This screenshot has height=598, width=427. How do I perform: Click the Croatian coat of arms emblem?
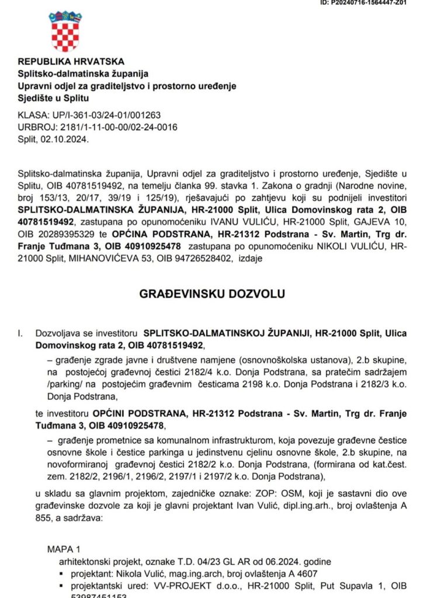(65, 32)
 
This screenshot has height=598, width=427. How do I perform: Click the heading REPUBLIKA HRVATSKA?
(71, 61)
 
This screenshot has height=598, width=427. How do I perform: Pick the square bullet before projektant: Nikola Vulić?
(62, 574)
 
